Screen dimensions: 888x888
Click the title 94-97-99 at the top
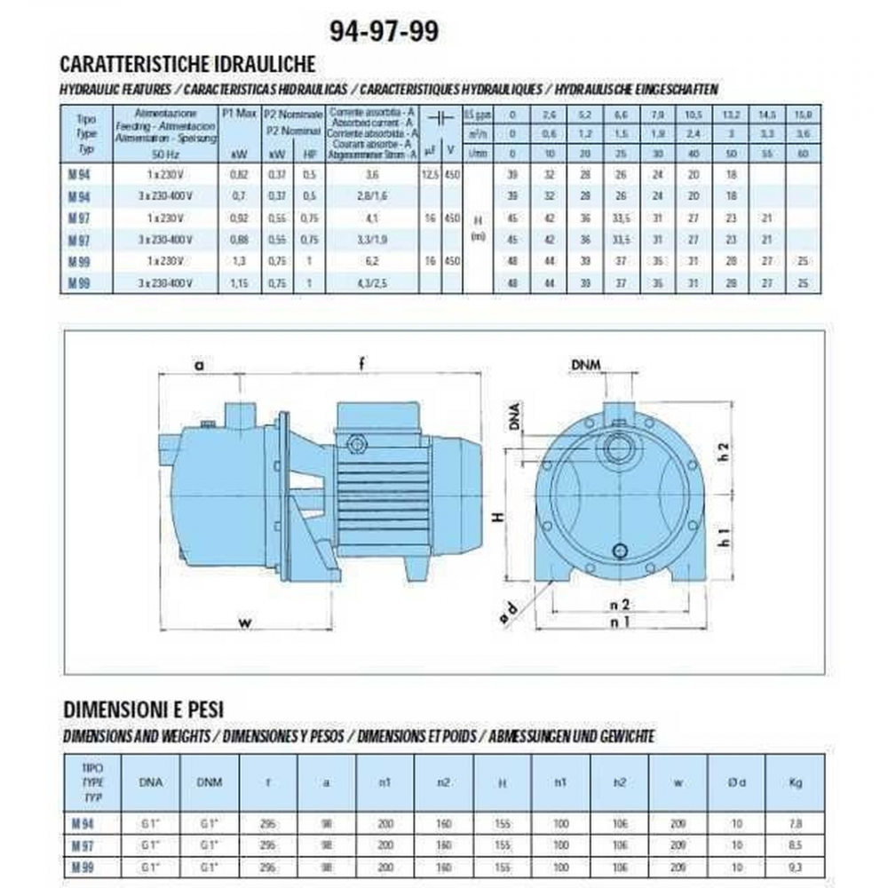coord(384,31)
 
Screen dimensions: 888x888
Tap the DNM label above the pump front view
coord(590,366)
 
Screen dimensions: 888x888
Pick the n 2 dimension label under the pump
coord(622,604)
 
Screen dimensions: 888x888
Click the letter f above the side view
coord(361,362)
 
